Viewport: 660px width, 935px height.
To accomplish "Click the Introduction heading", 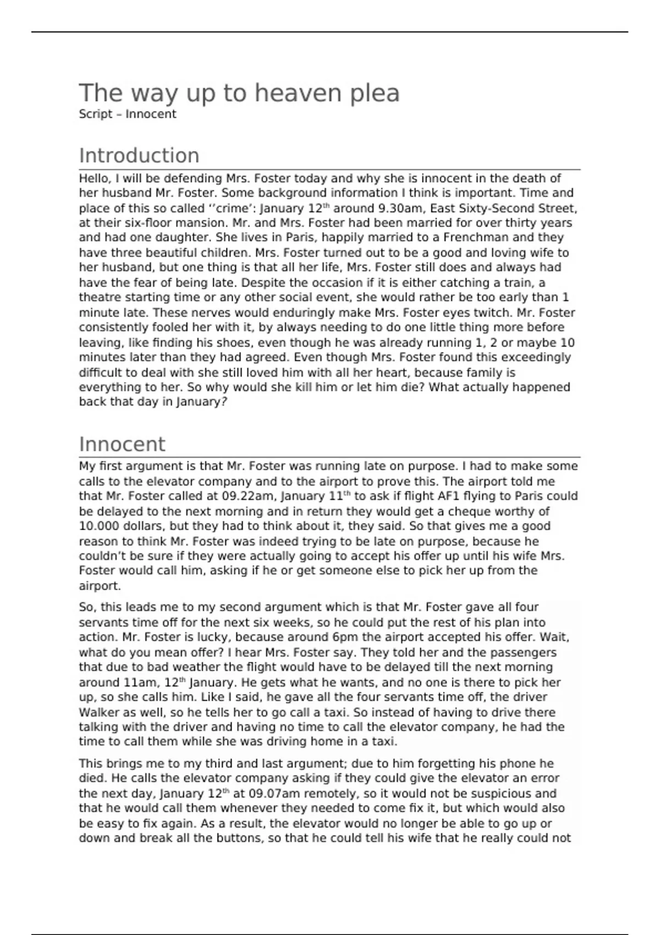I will pyautogui.click(x=139, y=156).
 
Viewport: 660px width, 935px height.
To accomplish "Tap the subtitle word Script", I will pyautogui.click(x=95, y=114).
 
